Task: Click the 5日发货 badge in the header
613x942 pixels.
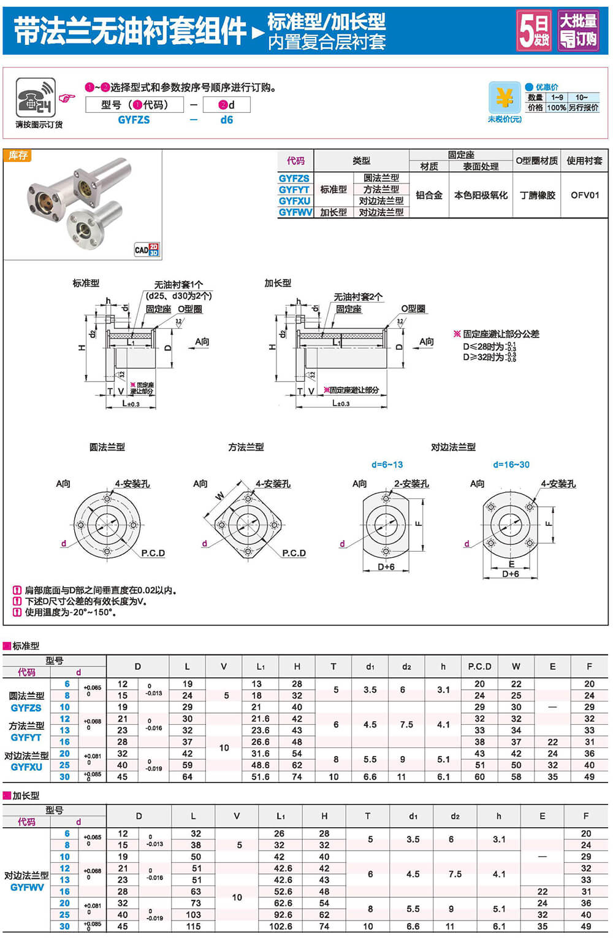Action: tap(533, 29)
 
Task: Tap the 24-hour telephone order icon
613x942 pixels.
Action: tap(36, 98)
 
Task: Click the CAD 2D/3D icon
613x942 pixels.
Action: tap(147, 249)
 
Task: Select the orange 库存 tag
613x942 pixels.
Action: tap(18, 156)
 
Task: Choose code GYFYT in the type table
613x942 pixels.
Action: tap(294, 190)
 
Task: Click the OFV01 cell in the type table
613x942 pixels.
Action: tap(584, 195)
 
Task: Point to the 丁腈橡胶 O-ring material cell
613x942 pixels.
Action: tap(537, 195)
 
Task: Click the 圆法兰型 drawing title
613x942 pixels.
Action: tap(107, 447)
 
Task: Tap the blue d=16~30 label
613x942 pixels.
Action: tap(511, 465)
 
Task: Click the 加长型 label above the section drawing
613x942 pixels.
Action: tap(278, 283)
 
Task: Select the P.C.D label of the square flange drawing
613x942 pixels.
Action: tap(294, 553)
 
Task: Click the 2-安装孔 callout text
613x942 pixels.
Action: tap(411, 484)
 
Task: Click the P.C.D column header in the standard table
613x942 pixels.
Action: tap(479, 666)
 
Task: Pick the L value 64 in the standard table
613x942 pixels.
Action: tap(188, 776)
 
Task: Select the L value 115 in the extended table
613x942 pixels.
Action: tap(194, 926)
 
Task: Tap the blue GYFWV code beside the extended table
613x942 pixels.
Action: tap(27, 887)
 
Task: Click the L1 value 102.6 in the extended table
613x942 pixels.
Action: tap(281, 926)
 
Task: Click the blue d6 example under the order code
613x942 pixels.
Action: tap(227, 120)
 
